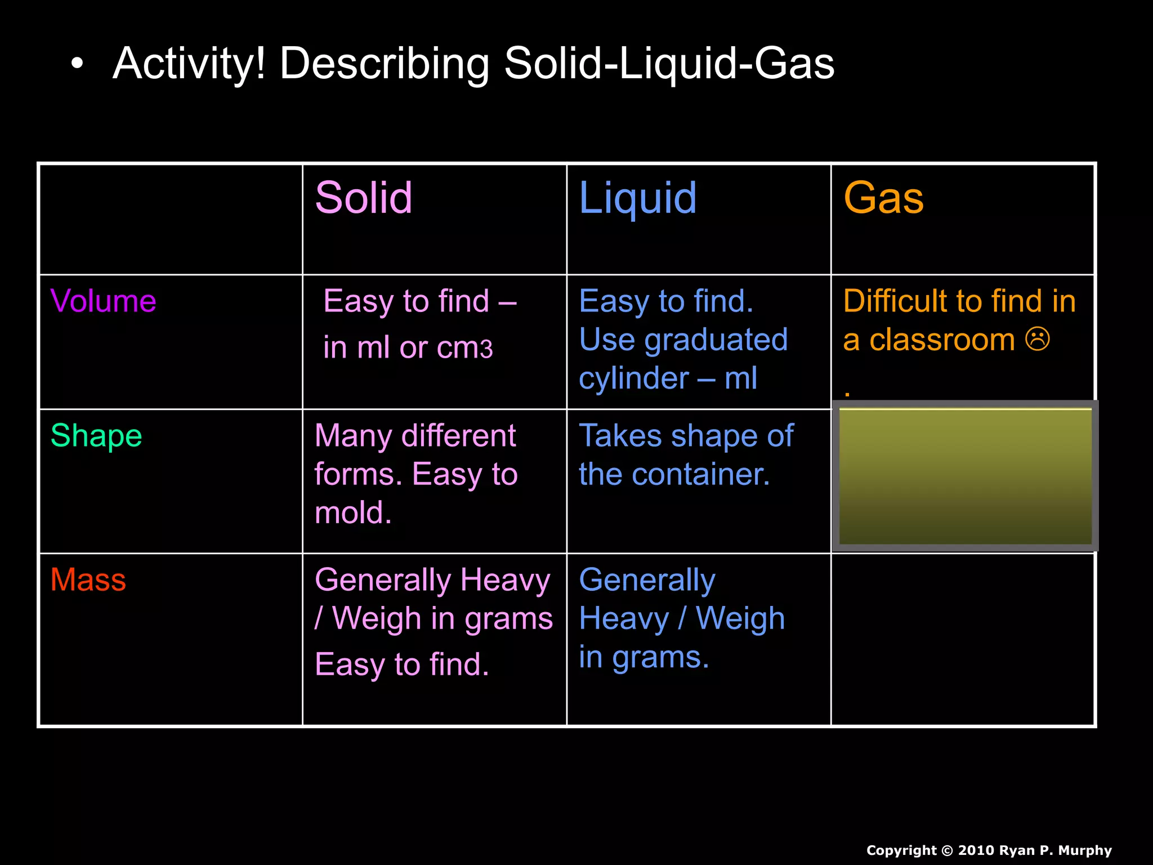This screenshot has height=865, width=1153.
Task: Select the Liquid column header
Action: click(x=637, y=199)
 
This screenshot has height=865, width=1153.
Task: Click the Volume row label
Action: click(x=103, y=301)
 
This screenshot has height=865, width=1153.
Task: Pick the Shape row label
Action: click(x=96, y=436)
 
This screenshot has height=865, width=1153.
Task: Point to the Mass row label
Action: click(x=88, y=579)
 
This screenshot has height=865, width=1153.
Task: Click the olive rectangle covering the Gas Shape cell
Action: click(x=965, y=476)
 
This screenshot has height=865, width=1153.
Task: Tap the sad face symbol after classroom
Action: click(x=1037, y=339)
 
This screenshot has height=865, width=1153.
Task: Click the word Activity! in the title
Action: click(x=189, y=64)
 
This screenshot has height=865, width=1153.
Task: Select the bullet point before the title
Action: click(x=77, y=64)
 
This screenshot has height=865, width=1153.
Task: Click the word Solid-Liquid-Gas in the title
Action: click(x=669, y=64)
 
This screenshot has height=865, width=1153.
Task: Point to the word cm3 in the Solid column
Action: click(x=465, y=348)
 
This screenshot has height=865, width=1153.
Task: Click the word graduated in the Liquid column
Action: click(x=716, y=340)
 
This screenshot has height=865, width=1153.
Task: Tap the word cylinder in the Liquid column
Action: click(x=634, y=378)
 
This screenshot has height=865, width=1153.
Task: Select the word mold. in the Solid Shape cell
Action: click(x=353, y=512)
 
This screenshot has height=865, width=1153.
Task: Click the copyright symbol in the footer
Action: click(x=948, y=850)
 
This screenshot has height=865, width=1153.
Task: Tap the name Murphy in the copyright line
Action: click(x=1085, y=850)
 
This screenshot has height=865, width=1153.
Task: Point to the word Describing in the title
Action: click(x=385, y=64)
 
